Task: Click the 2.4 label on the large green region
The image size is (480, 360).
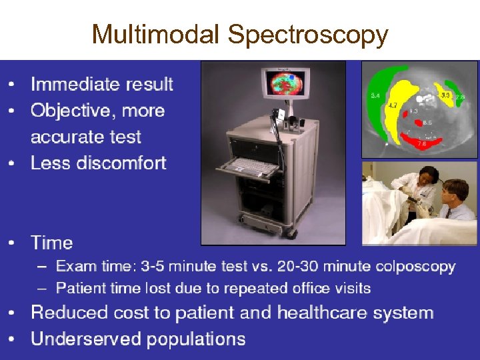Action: coord(375,97)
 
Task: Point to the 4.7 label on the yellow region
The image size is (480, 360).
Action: coord(393,105)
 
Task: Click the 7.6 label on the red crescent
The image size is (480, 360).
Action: coord(421,143)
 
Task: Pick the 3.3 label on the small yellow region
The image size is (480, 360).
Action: coord(446,96)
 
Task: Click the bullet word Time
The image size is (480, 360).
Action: coord(51,243)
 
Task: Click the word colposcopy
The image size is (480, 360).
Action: coord(415,267)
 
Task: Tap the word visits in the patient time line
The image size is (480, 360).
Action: coord(353,289)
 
